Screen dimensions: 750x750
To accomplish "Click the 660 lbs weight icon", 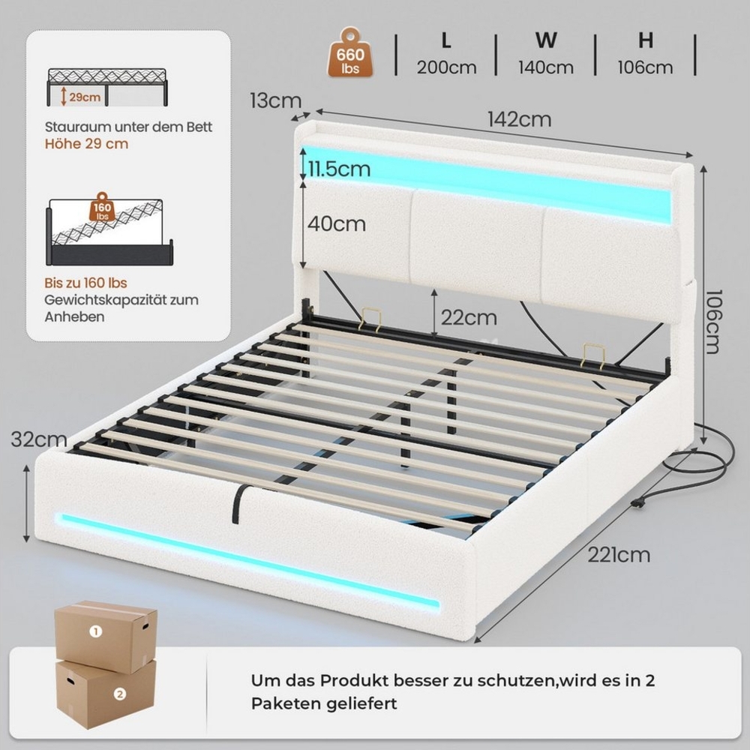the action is pyautogui.click(x=350, y=52).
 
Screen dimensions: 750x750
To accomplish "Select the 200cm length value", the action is pyautogui.click(x=446, y=67).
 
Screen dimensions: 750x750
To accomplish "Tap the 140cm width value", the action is pyautogui.click(x=546, y=67).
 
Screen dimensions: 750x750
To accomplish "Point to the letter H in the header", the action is pyautogui.click(x=646, y=41).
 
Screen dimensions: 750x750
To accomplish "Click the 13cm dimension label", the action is pyautogui.click(x=276, y=100).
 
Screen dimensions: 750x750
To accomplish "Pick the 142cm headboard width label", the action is pyautogui.click(x=520, y=119).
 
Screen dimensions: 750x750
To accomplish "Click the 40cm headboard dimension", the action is pyautogui.click(x=336, y=223).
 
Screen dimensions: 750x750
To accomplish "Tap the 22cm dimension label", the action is pyautogui.click(x=469, y=317).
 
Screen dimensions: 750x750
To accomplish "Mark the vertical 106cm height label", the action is pyautogui.click(x=712, y=322).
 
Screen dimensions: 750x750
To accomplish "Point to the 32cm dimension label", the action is pyautogui.click(x=39, y=439).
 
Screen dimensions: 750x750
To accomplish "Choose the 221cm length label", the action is pyautogui.click(x=619, y=555).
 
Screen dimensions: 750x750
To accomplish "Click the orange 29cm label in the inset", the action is pyautogui.click(x=85, y=97).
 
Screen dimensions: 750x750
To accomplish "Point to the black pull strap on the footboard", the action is pyautogui.click(x=237, y=503).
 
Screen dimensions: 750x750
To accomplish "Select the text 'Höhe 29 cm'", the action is pyautogui.click(x=86, y=144).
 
